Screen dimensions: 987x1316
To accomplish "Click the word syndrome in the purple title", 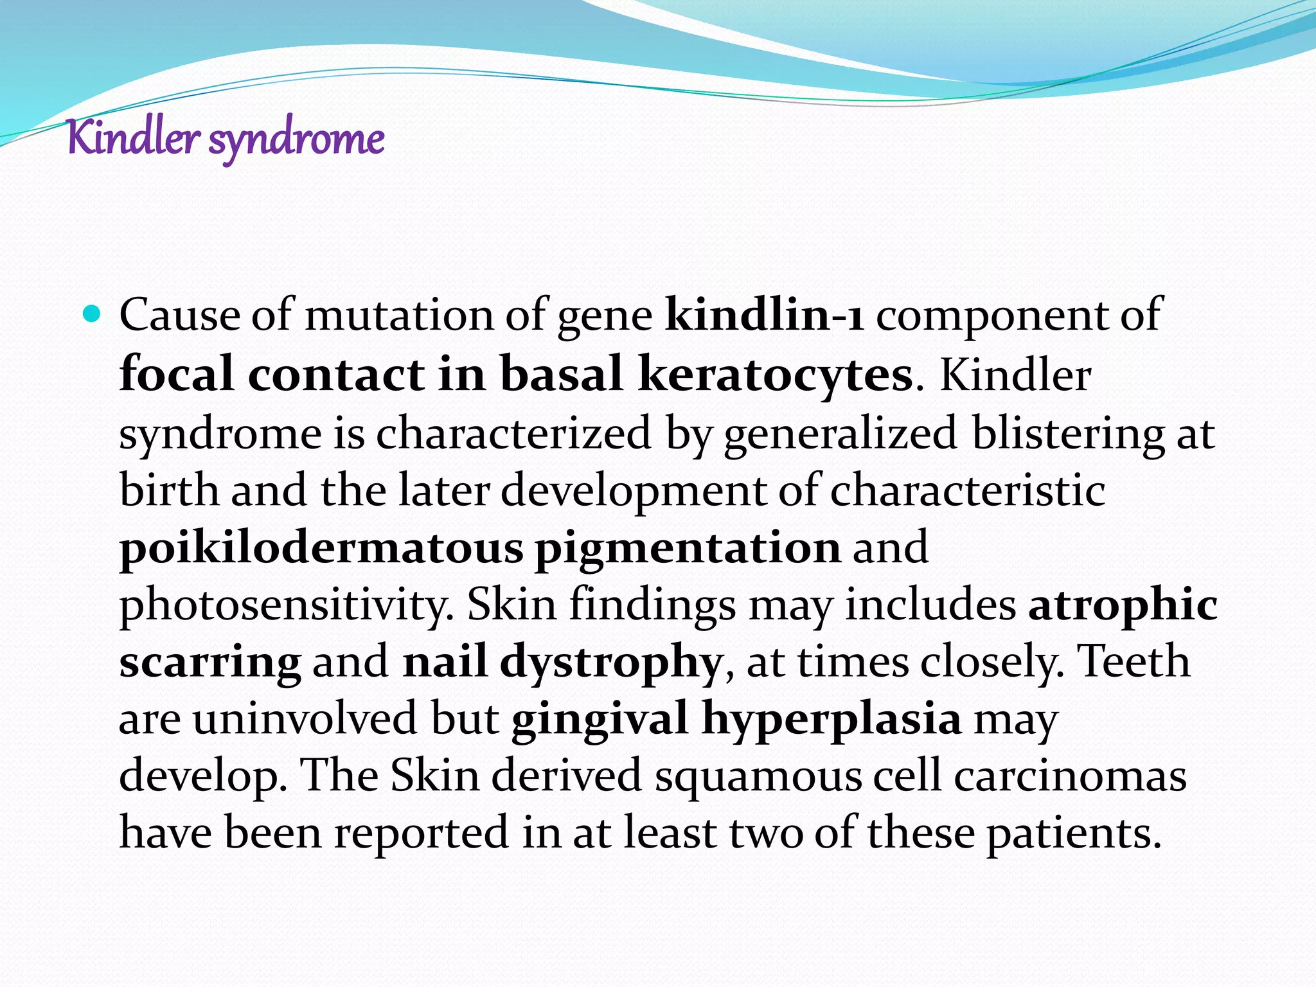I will tap(296, 140).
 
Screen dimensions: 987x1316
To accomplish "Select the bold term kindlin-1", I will tap(765, 315).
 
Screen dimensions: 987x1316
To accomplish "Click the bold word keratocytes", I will tap(775, 374).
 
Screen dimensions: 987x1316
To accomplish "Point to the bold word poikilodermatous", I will tap(321, 547).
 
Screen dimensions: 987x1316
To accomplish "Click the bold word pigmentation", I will tap(688, 547).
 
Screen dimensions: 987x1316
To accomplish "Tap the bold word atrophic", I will tap(1122, 605).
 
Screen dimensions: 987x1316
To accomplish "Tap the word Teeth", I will tap(1134, 662).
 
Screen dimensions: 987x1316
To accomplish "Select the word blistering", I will tap(1067, 433).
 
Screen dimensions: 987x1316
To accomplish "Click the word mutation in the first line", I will tap(398, 315).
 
